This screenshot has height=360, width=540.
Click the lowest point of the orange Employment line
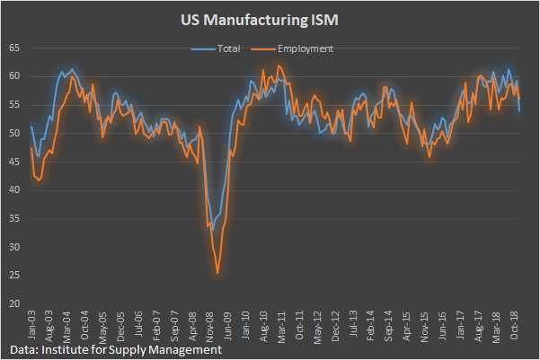click(x=217, y=272)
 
